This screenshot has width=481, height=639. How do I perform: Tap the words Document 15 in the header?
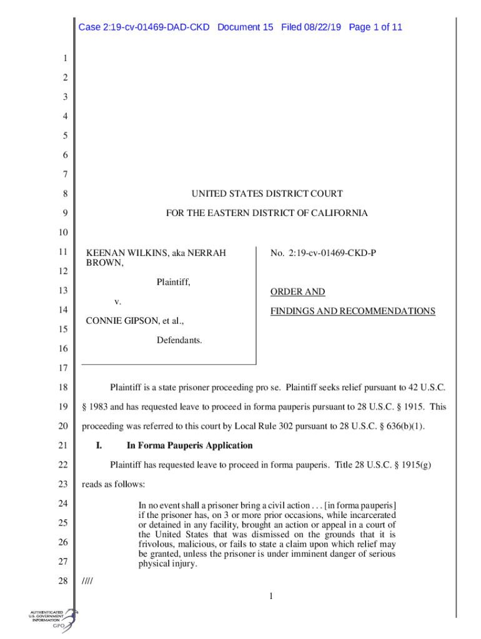tap(245, 27)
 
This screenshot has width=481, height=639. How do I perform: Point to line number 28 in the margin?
tap(62, 582)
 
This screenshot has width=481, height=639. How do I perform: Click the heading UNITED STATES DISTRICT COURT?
tap(267, 194)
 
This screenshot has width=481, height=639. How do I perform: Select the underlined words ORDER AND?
tap(297, 292)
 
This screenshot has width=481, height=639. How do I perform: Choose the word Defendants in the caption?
tap(179, 340)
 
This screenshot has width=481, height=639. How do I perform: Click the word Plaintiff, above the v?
tap(173, 283)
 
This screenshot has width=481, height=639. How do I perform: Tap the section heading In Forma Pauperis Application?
tap(189, 446)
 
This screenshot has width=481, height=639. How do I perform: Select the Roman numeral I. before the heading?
tap(98, 446)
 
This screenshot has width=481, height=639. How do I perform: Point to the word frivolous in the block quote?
tap(156, 544)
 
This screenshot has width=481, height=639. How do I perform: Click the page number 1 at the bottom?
tap(272, 598)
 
